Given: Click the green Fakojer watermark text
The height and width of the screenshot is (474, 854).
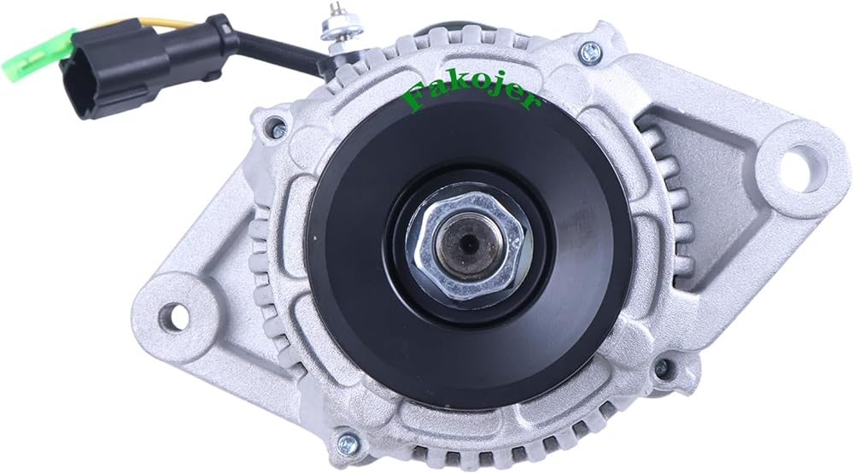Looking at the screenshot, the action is pyautogui.click(x=471, y=97).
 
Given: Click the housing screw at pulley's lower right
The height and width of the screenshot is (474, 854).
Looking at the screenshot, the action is pyautogui.click(x=662, y=368).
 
